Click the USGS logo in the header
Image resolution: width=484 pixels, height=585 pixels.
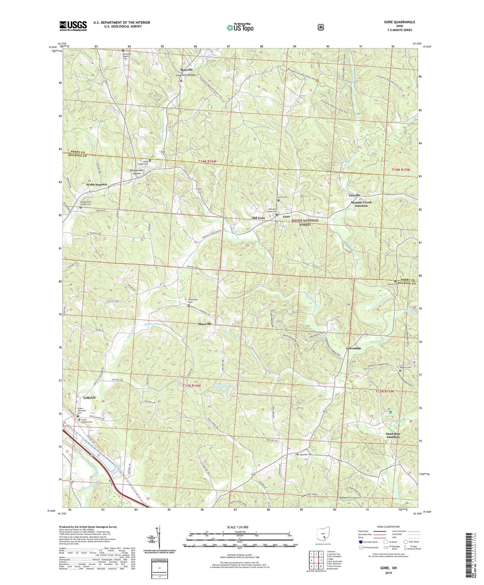tap(73, 26)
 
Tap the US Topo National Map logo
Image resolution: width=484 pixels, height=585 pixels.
tap(239, 27)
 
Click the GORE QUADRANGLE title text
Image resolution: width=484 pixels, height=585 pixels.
tap(400, 22)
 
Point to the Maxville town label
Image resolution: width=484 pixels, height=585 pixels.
tap(187, 70)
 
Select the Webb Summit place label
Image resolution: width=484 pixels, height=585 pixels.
tap(96, 185)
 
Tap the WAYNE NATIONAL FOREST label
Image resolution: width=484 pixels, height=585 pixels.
tap(305, 222)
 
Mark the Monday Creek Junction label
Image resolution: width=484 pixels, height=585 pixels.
tap(361, 204)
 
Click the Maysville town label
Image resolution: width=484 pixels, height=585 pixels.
tap(205, 324)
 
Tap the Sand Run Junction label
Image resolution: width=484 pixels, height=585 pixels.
tap(393, 435)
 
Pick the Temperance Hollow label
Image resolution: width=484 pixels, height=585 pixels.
tap(137, 172)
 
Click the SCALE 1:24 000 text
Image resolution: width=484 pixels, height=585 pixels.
tap(237, 527)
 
